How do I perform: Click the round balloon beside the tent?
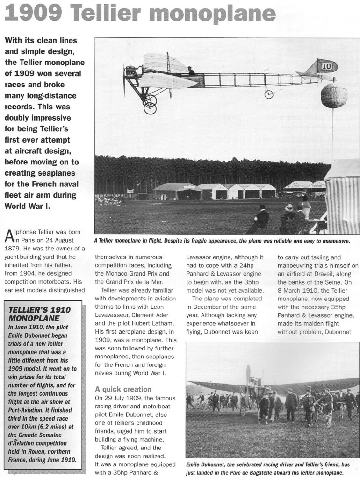click(x=334, y=96)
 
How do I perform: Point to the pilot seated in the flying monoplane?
click(x=190, y=71)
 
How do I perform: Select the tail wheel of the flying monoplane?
click(x=268, y=94)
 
